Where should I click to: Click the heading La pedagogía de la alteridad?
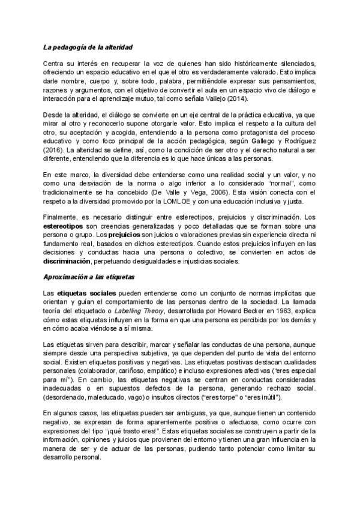click(88, 47)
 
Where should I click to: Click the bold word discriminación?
click(68, 262)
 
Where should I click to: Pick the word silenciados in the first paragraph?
click(293, 63)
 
